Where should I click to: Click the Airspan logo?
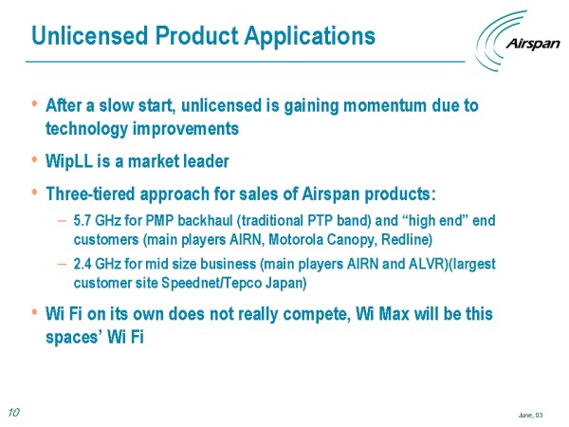(518, 41)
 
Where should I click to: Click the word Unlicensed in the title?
(90, 36)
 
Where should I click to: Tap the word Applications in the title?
(309, 36)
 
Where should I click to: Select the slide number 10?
(13, 412)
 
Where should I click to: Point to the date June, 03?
(530, 415)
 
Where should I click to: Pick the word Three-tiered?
(90, 194)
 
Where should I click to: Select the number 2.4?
(83, 264)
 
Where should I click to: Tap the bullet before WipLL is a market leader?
(34, 159)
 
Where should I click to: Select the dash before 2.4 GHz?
(62, 264)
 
